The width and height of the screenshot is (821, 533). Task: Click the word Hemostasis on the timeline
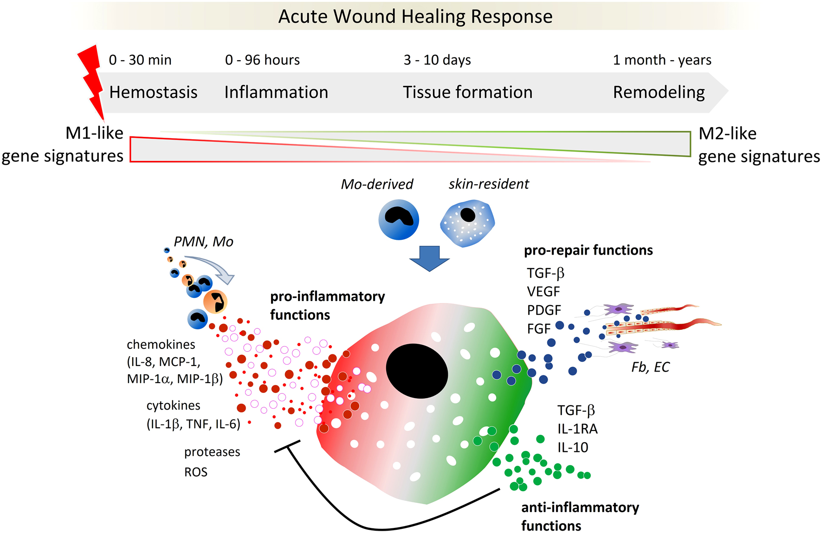pyautogui.click(x=153, y=92)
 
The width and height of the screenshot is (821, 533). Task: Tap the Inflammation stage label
pyautogui.click(x=276, y=92)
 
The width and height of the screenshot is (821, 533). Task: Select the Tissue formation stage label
pyautogui.click(x=467, y=92)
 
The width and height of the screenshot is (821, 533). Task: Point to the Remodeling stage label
pyautogui.click(x=659, y=92)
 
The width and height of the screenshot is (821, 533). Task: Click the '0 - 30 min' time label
pyautogui.click(x=140, y=60)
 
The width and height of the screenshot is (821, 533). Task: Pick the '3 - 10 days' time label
pyautogui.click(x=437, y=60)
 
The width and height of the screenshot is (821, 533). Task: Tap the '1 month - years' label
pyautogui.click(x=662, y=60)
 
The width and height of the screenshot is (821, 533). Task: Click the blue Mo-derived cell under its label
pyautogui.click(x=399, y=219)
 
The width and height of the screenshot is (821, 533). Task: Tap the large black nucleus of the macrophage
pyautogui.click(x=417, y=371)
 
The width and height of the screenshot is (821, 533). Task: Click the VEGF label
pyautogui.click(x=543, y=292)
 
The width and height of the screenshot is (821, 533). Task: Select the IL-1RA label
pyautogui.click(x=577, y=429)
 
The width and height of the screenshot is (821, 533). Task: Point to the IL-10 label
pyautogui.click(x=573, y=448)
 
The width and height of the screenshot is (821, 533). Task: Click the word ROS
pyautogui.click(x=196, y=472)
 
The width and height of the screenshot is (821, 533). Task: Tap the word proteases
pyautogui.click(x=212, y=452)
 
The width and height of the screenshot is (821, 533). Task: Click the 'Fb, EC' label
pyautogui.click(x=650, y=367)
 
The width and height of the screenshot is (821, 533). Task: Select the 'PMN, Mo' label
pyautogui.click(x=203, y=242)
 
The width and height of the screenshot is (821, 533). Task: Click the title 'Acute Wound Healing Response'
pyautogui.click(x=415, y=17)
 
